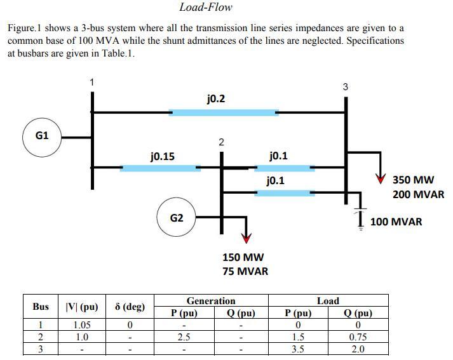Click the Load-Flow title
(206, 8)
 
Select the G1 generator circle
(42, 136)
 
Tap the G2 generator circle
(177, 218)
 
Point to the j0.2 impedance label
(216, 99)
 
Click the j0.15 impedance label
(163, 156)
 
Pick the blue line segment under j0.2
(223, 112)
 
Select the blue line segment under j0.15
(160, 168)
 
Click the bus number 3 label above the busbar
(345, 87)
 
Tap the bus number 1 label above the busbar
(92, 82)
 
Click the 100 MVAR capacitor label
(396, 222)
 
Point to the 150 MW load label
(243, 257)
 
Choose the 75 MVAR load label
(245, 271)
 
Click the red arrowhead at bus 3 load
(380, 179)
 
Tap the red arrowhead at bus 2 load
(246, 238)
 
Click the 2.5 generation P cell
(183, 337)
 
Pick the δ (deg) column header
(130, 307)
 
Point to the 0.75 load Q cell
(358, 337)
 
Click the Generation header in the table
(211, 301)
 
